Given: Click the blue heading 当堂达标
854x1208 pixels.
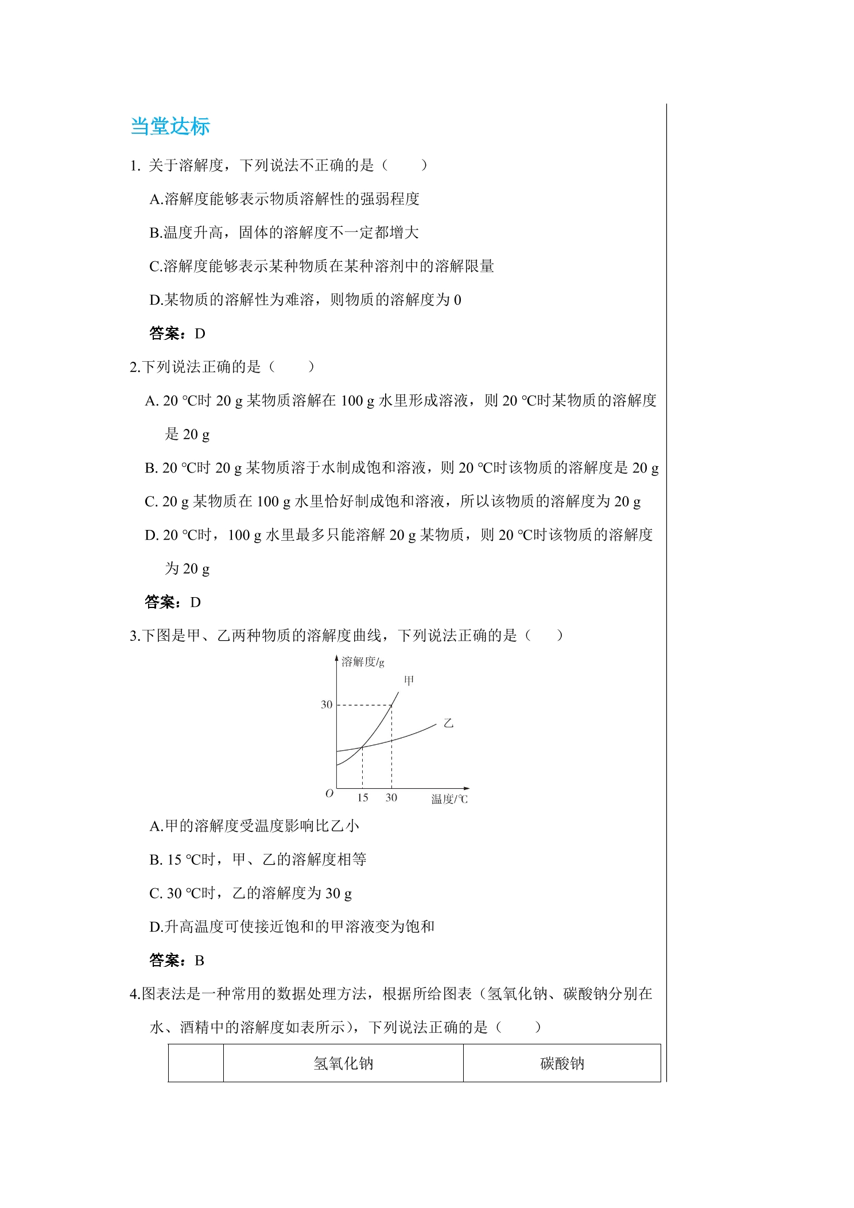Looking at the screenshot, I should click(170, 126).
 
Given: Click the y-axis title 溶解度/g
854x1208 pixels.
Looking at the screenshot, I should click(363, 662).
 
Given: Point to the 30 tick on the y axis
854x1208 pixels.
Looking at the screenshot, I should click(326, 704).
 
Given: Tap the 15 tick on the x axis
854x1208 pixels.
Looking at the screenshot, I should click(363, 797).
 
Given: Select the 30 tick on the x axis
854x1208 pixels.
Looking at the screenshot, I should click(391, 797).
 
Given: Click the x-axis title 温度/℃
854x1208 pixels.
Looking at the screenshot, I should click(449, 799).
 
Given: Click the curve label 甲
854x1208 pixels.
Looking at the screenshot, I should click(409, 681).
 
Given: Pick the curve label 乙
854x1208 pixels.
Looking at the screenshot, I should click(448, 723).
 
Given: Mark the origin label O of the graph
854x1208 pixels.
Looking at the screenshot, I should click(329, 793).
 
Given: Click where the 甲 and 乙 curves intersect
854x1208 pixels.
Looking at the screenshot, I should click(362, 747).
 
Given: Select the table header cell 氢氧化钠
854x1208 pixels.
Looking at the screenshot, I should click(343, 1063).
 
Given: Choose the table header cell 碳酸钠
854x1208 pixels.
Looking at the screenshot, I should click(562, 1063).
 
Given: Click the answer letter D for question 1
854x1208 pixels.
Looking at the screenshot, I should click(200, 334).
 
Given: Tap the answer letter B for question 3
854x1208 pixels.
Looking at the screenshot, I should click(200, 961).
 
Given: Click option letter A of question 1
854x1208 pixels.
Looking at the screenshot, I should click(154, 199).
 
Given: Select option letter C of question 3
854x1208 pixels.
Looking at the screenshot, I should click(154, 893).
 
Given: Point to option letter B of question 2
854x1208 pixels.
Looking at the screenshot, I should click(150, 469).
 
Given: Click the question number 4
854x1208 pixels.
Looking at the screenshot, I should click(134, 994).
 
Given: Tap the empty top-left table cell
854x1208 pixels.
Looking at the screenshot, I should click(196, 1063).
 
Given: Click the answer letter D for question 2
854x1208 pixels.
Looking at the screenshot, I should click(196, 602).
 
